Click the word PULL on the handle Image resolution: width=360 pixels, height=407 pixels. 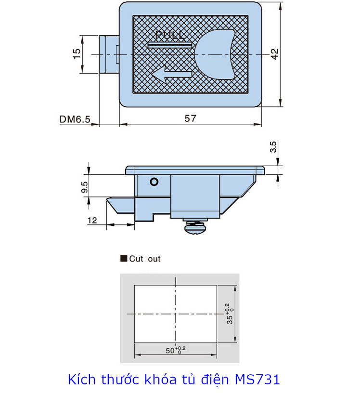coord(170,35)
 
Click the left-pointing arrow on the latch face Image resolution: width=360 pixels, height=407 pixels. coord(172,74)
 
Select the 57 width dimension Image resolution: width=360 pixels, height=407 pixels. coord(191,118)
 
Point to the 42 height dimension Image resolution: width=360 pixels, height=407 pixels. coord(274,54)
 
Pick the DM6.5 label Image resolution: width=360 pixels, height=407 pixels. coord(75,119)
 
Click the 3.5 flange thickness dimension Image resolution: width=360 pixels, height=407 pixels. coord(273,147)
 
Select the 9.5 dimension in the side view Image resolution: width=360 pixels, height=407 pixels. coord(84,187)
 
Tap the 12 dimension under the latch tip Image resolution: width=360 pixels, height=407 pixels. coord(92,220)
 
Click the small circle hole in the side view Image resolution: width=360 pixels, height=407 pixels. coord(154,182)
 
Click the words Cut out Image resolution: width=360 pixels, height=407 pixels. coord(145,259)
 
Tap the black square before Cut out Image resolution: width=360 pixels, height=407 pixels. coord(123,259)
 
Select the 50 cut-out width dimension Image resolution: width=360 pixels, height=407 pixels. coord(175,350)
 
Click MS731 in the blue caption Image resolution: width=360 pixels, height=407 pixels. coord(257,380)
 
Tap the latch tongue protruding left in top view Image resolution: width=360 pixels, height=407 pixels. coord(109,54)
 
